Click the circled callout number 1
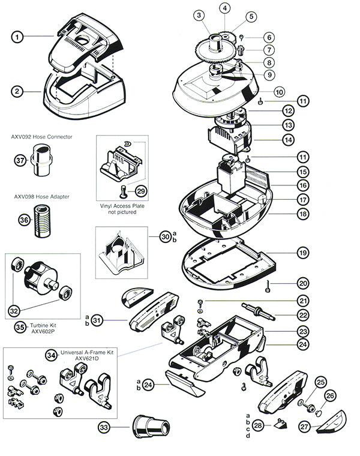tap(19, 37)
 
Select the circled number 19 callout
tap(303, 253)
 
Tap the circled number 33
tap(106, 428)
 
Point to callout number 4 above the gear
tap(224, 8)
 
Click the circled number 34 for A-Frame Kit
tap(53, 355)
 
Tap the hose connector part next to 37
tap(43, 161)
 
